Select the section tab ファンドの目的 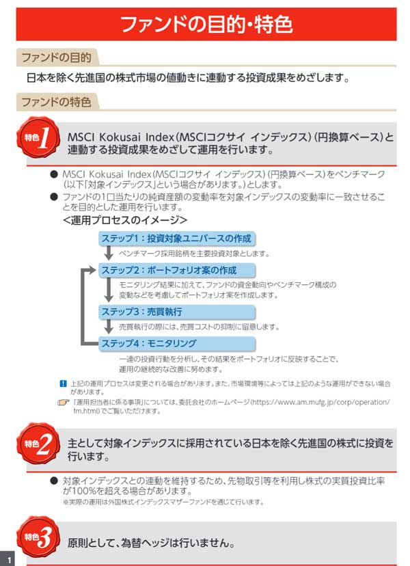coord(56,57)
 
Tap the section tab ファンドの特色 coord(56,103)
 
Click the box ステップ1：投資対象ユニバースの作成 coord(177,239)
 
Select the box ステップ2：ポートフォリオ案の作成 coord(177,271)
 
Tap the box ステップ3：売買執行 coord(177,312)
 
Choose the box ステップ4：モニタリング coord(177,343)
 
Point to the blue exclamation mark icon coord(63,383)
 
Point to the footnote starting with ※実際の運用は coord(163,502)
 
